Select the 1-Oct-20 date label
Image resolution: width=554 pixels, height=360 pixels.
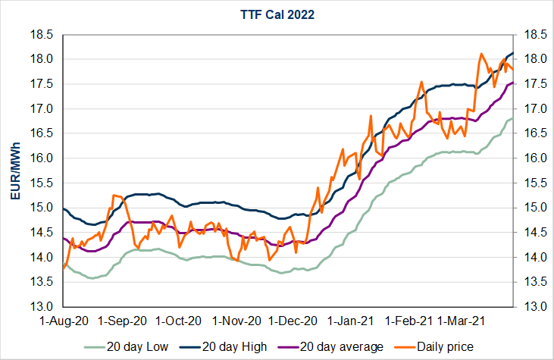(x=178, y=321)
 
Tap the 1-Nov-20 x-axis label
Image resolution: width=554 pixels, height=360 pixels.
(x=236, y=321)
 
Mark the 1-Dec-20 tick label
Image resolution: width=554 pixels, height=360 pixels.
(x=293, y=321)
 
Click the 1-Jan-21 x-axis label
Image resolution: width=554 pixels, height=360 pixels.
(x=352, y=321)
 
